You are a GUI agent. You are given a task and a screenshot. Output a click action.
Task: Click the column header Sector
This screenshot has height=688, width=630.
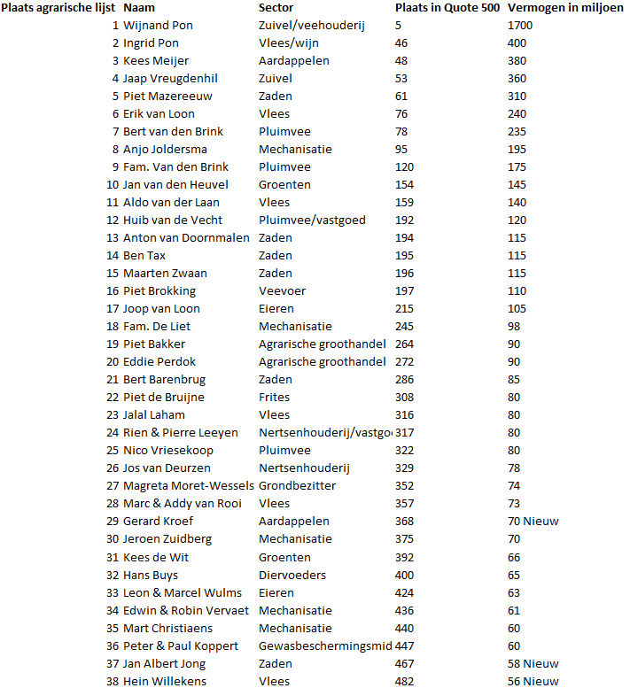coord(278,7)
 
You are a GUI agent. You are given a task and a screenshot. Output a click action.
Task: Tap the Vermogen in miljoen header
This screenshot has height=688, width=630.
coord(566,7)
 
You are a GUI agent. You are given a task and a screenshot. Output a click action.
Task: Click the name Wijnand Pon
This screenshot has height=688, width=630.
coord(158,25)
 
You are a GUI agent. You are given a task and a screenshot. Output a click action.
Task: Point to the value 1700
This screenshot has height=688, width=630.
coord(521,25)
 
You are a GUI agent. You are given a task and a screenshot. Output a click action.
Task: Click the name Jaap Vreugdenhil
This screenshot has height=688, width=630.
coord(170,78)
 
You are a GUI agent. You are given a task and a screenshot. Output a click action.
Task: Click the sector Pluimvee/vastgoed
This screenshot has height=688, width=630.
coord(312,220)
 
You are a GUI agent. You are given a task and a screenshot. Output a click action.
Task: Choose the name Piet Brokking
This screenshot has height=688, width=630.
coord(159,290)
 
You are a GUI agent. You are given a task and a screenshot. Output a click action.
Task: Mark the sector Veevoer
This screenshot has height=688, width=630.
coord(283,290)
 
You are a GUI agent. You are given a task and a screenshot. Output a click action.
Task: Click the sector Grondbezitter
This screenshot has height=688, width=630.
coord(297,485)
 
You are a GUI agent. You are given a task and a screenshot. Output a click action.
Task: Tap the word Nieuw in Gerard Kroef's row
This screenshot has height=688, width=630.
coord(541,521)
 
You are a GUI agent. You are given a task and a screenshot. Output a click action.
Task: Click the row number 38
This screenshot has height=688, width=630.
coord(113,681)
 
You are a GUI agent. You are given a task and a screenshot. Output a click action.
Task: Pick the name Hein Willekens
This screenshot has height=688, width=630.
coord(164,681)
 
